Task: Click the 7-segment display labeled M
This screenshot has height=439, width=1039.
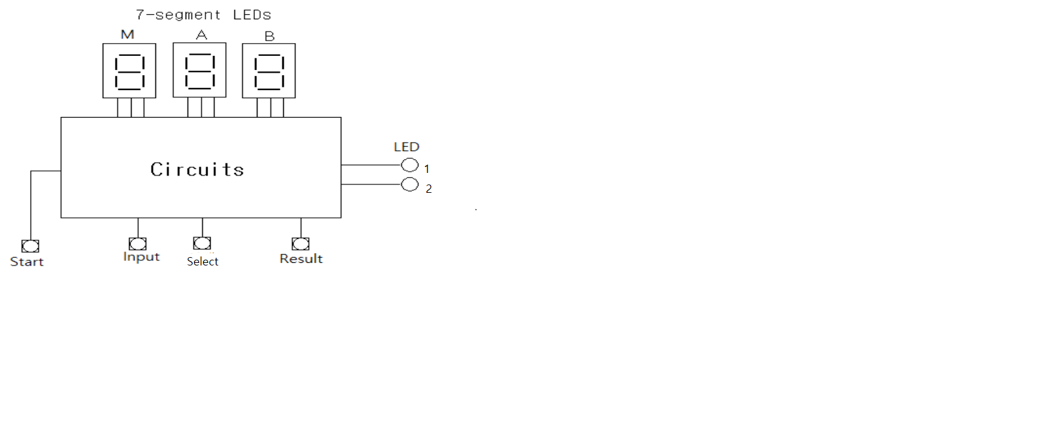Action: (129, 71)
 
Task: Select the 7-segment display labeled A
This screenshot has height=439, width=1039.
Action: (200, 71)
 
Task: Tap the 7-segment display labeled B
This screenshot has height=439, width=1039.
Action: (269, 71)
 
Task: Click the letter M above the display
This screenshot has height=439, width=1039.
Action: (127, 35)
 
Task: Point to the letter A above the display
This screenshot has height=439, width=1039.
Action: (202, 35)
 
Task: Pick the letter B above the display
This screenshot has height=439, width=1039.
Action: (270, 37)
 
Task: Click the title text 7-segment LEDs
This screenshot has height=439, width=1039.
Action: (204, 15)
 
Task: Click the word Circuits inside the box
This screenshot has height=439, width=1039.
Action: (197, 170)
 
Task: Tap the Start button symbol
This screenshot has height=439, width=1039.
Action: (30, 246)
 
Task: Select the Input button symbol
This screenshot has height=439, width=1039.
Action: (137, 244)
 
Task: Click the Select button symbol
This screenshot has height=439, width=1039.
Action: (202, 243)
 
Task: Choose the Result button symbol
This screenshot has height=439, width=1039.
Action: (301, 244)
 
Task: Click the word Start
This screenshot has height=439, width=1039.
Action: (27, 262)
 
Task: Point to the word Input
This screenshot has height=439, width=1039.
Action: (141, 257)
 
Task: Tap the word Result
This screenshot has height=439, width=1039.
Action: (301, 259)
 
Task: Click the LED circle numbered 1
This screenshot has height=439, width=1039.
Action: (410, 165)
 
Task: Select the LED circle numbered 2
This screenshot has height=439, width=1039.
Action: (410, 185)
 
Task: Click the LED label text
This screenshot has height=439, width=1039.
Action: (406, 147)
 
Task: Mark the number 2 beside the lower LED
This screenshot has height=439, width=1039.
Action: (429, 189)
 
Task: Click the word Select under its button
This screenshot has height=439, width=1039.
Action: (203, 262)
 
